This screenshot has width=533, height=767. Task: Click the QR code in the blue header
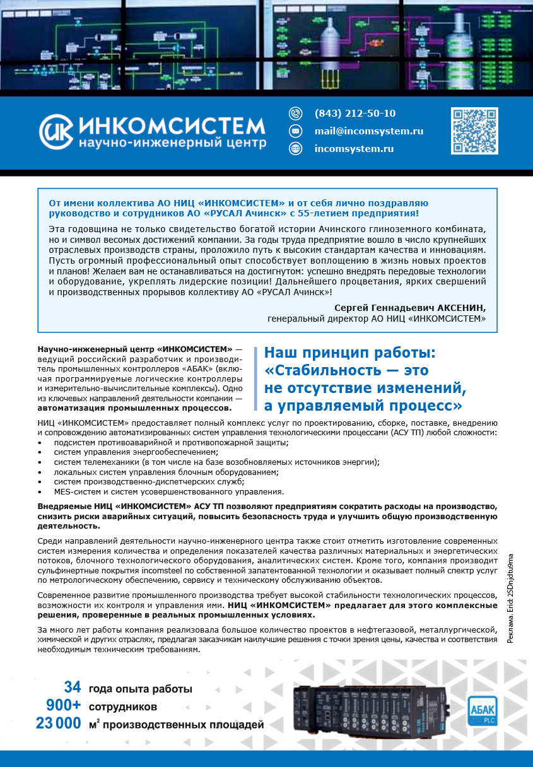474,131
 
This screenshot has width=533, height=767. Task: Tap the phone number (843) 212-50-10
354,114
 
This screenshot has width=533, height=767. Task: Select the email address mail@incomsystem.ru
368,131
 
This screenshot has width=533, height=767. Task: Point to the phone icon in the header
295,114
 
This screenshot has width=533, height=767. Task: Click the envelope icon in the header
295,131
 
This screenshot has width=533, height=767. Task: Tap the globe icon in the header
295,149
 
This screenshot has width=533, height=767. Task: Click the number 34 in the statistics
73,688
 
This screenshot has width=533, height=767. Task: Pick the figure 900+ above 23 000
63,705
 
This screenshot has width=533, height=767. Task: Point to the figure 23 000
58,724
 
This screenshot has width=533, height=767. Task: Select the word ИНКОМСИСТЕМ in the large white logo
172,125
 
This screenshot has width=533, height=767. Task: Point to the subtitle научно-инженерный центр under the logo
172,144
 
